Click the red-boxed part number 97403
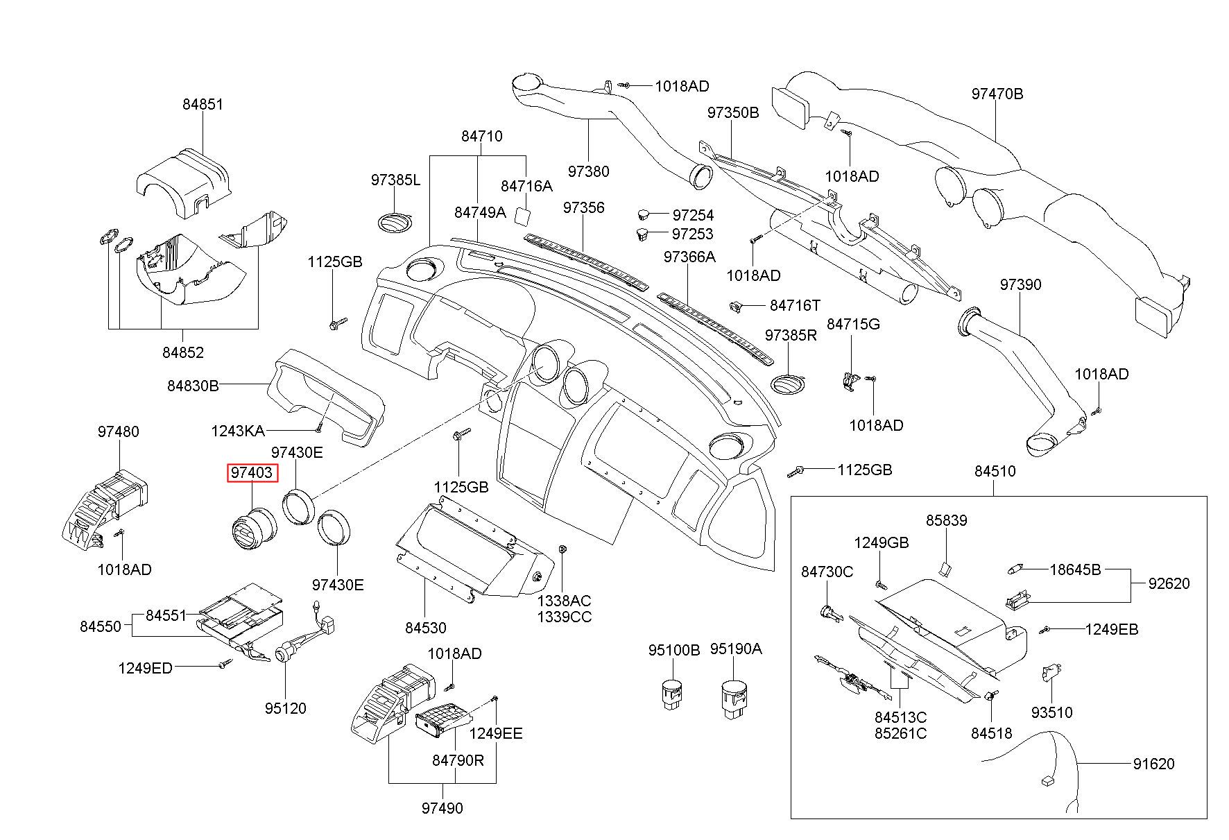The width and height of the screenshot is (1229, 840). click(252, 473)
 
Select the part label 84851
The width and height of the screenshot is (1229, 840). click(203, 104)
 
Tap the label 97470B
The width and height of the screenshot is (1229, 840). click(997, 94)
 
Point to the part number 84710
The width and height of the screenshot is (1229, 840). click(481, 137)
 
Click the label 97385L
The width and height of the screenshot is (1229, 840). click(395, 180)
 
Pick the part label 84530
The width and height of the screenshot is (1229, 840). click(426, 628)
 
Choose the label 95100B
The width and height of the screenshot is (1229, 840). click(674, 650)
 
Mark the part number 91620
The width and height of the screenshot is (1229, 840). click(1154, 764)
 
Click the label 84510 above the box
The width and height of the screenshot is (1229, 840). click(995, 472)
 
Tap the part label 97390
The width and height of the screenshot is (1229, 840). click(1020, 285)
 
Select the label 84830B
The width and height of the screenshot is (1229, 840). click(193, 386)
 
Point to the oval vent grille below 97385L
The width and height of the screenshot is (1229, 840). click(395, 222)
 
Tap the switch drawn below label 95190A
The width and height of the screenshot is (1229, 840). click(734, 698)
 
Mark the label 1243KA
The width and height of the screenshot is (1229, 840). click(238, 431)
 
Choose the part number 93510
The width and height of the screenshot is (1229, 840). click(1051, 712)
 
